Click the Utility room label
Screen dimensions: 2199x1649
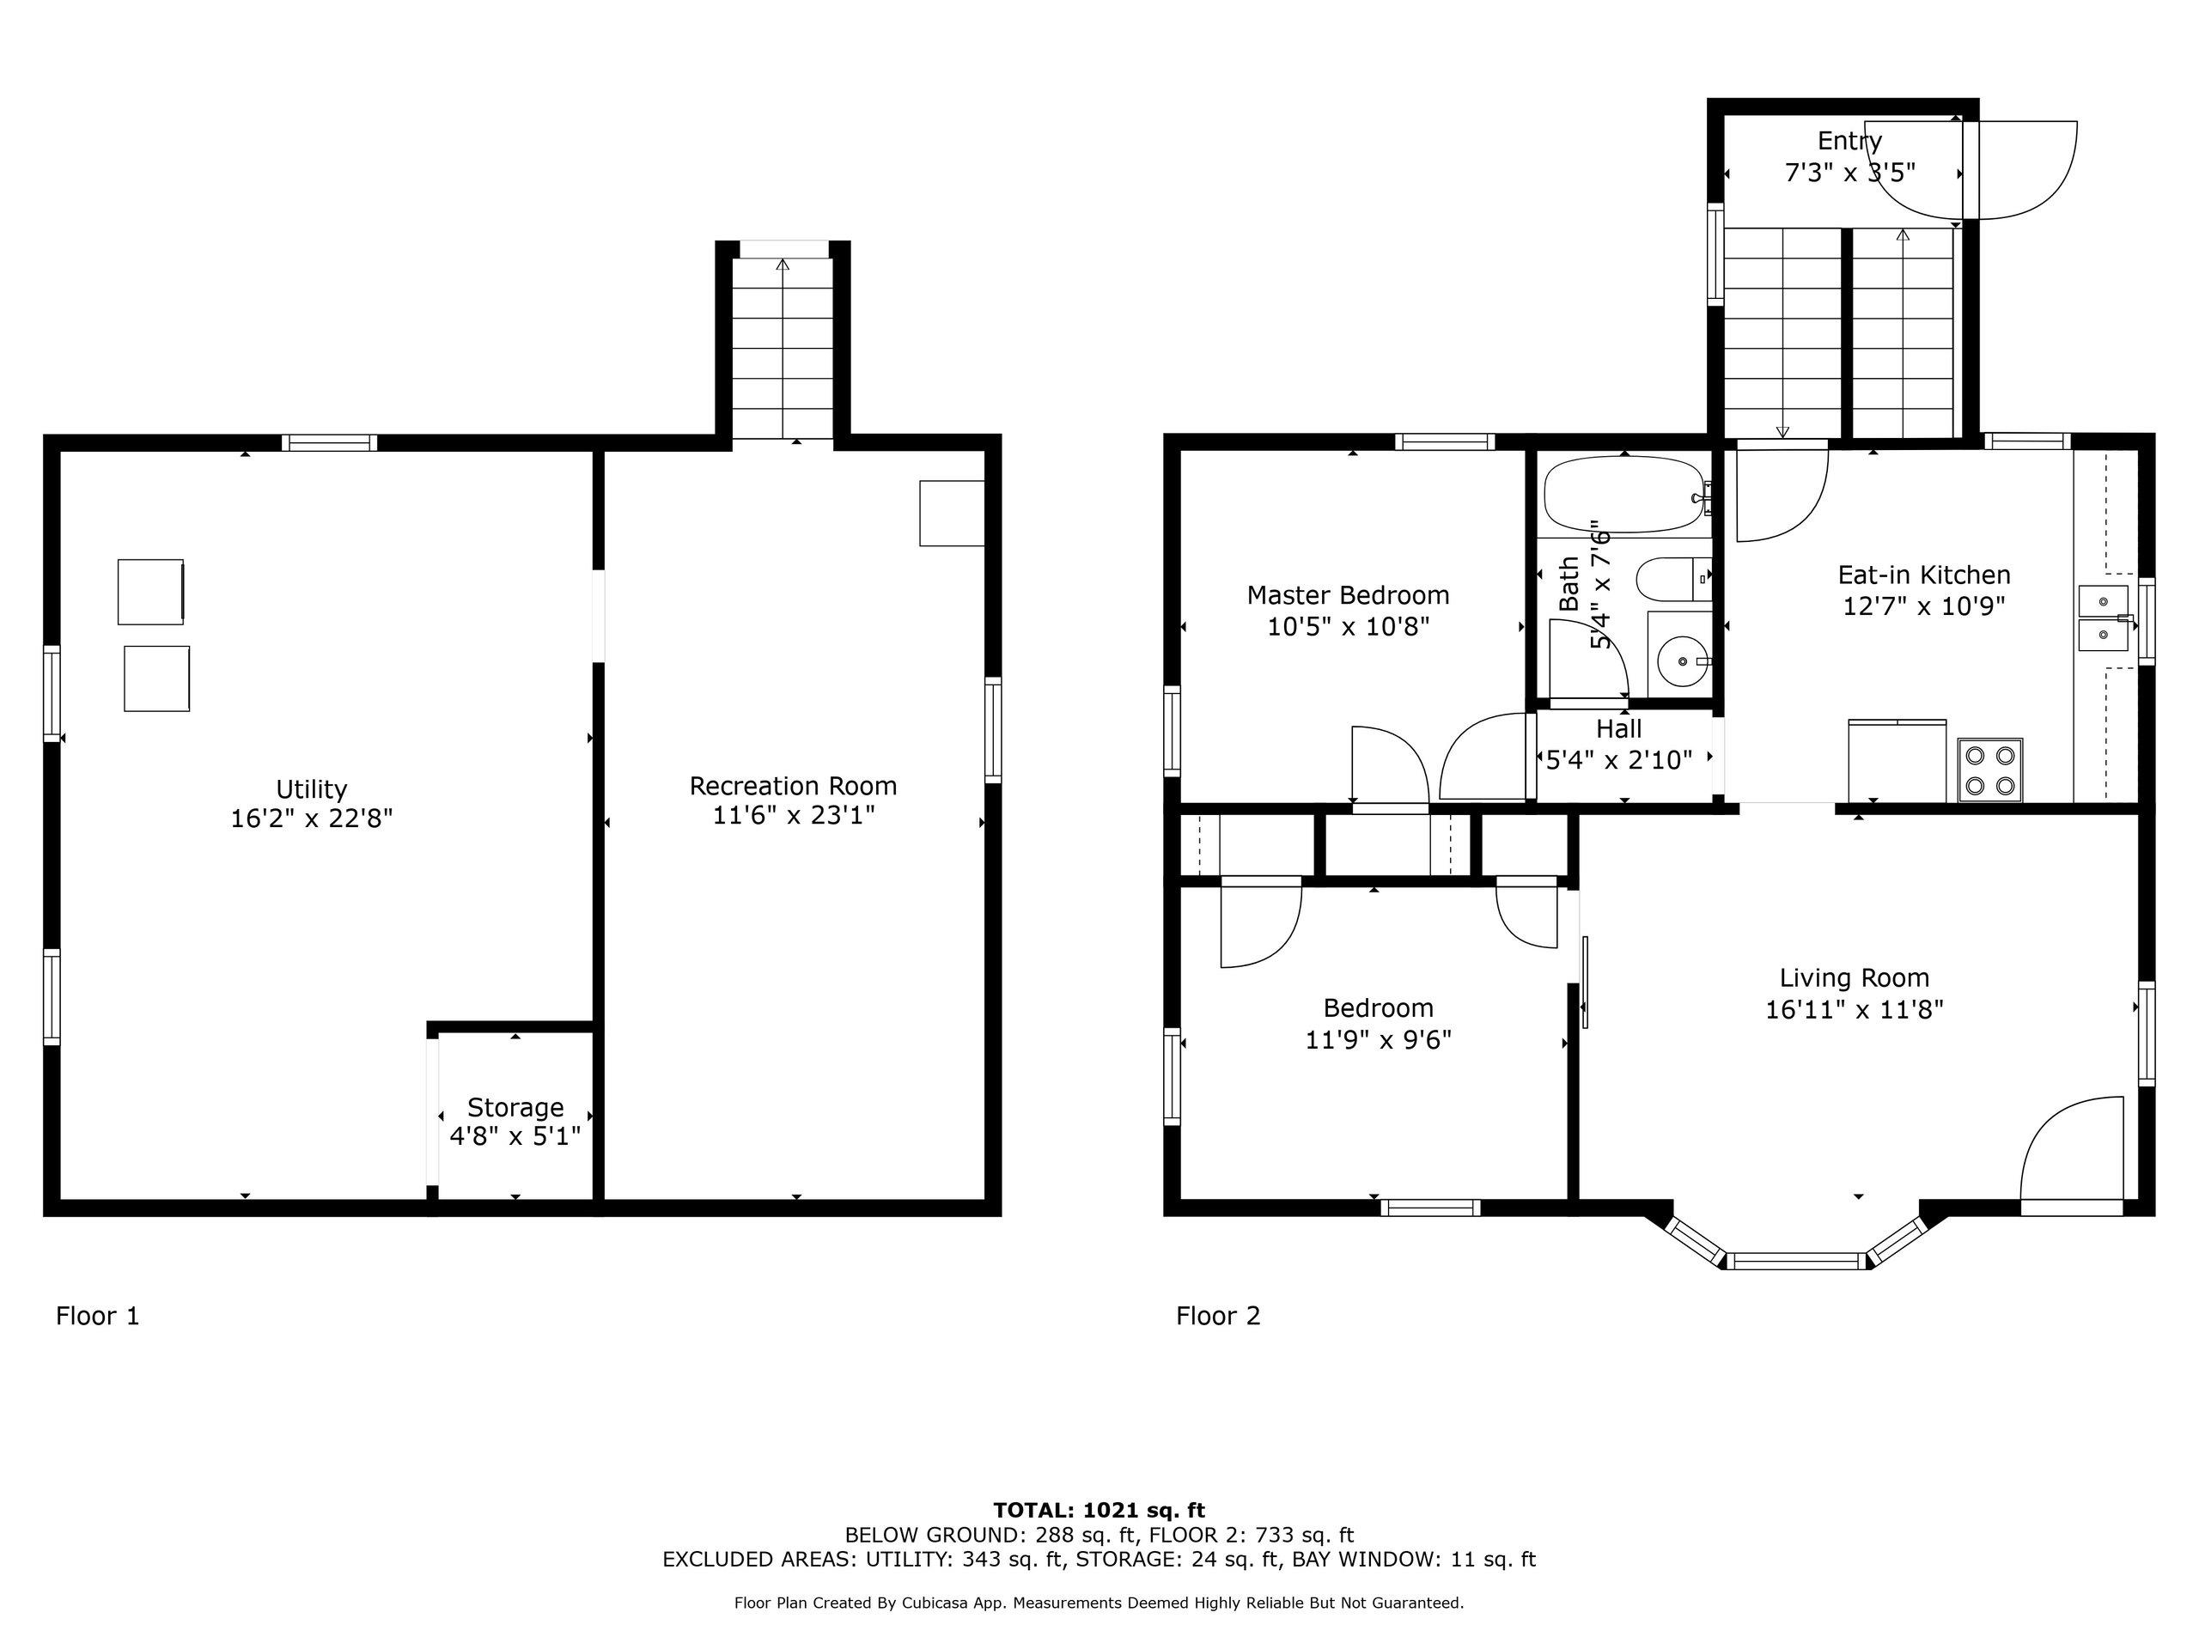click(x=311, y=789)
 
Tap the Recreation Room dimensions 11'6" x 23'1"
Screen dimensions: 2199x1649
click(x=794, y=816)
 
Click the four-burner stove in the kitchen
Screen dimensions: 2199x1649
click(x=1990, y=770)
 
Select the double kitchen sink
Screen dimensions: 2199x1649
click(x=2104, y=618)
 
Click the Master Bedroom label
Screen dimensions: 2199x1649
click(x=1348, y=595)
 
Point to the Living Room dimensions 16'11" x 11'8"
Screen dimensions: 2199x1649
click(x=1854, y=1010)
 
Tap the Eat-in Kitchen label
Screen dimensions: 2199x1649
click(x=1923, y=575)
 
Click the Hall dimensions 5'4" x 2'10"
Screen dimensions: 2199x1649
click(x=1619, y=760)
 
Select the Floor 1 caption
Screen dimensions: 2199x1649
click(x=97, y=1316)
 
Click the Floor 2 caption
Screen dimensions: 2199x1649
click(x=1218, y=1316)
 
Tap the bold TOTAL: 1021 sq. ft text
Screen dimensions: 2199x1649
click(x=1099, y=1511)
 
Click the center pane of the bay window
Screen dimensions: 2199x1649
click(x=1795, y=1262)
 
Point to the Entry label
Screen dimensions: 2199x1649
click(x=1849, y=141)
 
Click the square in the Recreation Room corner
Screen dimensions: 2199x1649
click(x=952, y=513)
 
